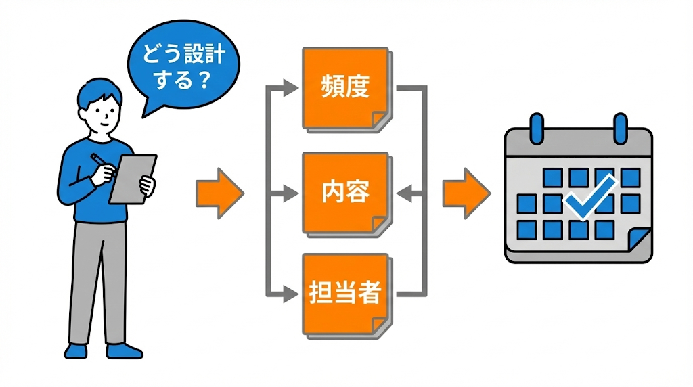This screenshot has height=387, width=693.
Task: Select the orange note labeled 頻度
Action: [x=346, y=88]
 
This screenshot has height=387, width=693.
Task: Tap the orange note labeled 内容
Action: [x=346, y=193]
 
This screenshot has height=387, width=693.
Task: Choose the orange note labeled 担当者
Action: [x=346, y=295]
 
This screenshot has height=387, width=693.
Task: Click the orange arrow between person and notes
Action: [x=219, y=193]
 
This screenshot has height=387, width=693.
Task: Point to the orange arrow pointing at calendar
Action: [x=466, y=193]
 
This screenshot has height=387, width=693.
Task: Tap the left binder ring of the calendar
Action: [x=538, y=128]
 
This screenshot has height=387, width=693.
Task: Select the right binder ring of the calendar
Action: [x=620, y=128]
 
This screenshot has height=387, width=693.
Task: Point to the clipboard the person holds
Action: [x=133, y=178]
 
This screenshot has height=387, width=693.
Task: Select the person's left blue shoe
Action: [x=76, y=350]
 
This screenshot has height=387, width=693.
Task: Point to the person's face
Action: [x=102, y=112]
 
